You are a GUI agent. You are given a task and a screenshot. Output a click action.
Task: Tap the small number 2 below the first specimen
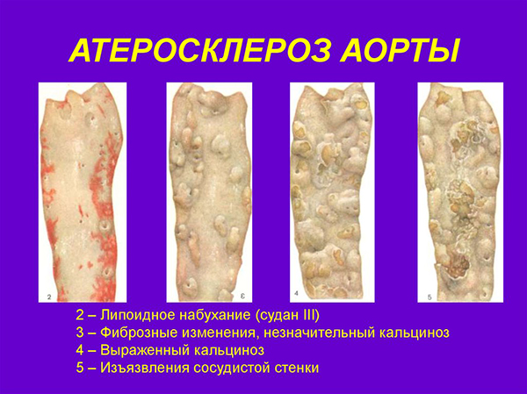coord(52,295)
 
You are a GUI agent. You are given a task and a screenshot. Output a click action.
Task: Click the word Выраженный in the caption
coord(144,350)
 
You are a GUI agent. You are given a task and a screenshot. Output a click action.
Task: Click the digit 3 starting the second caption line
coord(80,333)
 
